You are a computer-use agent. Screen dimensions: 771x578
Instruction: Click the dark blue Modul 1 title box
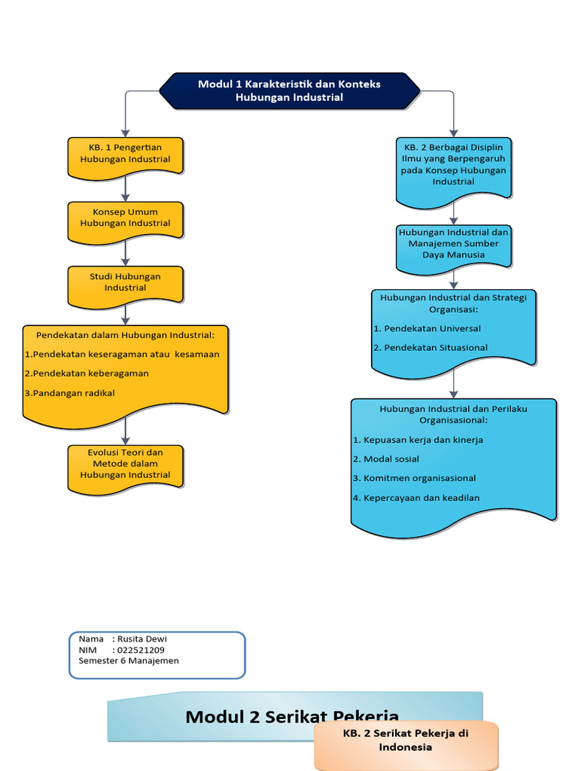289,90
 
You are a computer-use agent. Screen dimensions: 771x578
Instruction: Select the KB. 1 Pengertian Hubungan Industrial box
125,154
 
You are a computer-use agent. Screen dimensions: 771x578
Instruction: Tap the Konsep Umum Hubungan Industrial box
125,218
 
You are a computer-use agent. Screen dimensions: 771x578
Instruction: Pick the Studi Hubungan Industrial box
125,282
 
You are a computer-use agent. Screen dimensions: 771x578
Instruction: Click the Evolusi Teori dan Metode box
125,464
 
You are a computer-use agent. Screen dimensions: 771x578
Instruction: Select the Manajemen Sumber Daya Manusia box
453,244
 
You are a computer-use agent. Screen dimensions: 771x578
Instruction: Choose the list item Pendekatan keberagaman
90,373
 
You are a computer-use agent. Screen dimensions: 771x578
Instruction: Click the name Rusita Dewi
142,639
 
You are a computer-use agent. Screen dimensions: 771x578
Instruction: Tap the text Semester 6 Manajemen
129,661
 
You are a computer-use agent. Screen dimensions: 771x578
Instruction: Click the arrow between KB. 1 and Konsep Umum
125,188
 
